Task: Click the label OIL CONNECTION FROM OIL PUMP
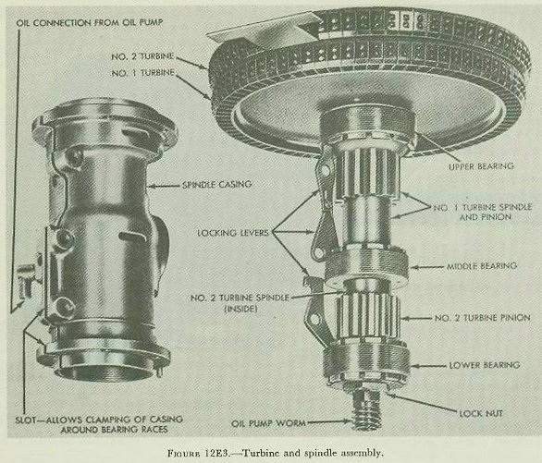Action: pyautogui.click(x=90, y=23)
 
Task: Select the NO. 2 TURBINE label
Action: pyautogui.click(x=142, y=56)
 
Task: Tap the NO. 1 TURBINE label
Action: pyautogui.click(x=142, y=73)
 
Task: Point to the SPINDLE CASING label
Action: pyautogui.click(x=216, y=185)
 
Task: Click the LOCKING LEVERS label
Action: pyautogui.click(x=233, y=233)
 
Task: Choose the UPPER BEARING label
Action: pyautogui.click(x=481, y=166)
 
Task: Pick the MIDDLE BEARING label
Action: pyautogui.click(x=482, y=266)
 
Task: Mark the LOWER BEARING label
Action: pyautogui.click(x=485, y=365)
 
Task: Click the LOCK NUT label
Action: pyautogui.click(x=481, y=413)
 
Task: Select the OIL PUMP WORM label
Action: pyautogui.click(x=268, y=423)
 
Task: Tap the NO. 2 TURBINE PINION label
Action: pyautogui.click(x=483, y=318)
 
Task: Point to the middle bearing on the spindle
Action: pyautogui.click(x=367, y=267)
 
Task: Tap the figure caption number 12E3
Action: pyautogui.click(x=217, y=453)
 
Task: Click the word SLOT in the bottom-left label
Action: pyautogui.click(x=26, y=420)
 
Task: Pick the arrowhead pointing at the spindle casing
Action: pyautogui.click(x=152, y=186)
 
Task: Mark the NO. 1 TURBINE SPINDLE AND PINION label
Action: pyautogui.click(x=483, y=213)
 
